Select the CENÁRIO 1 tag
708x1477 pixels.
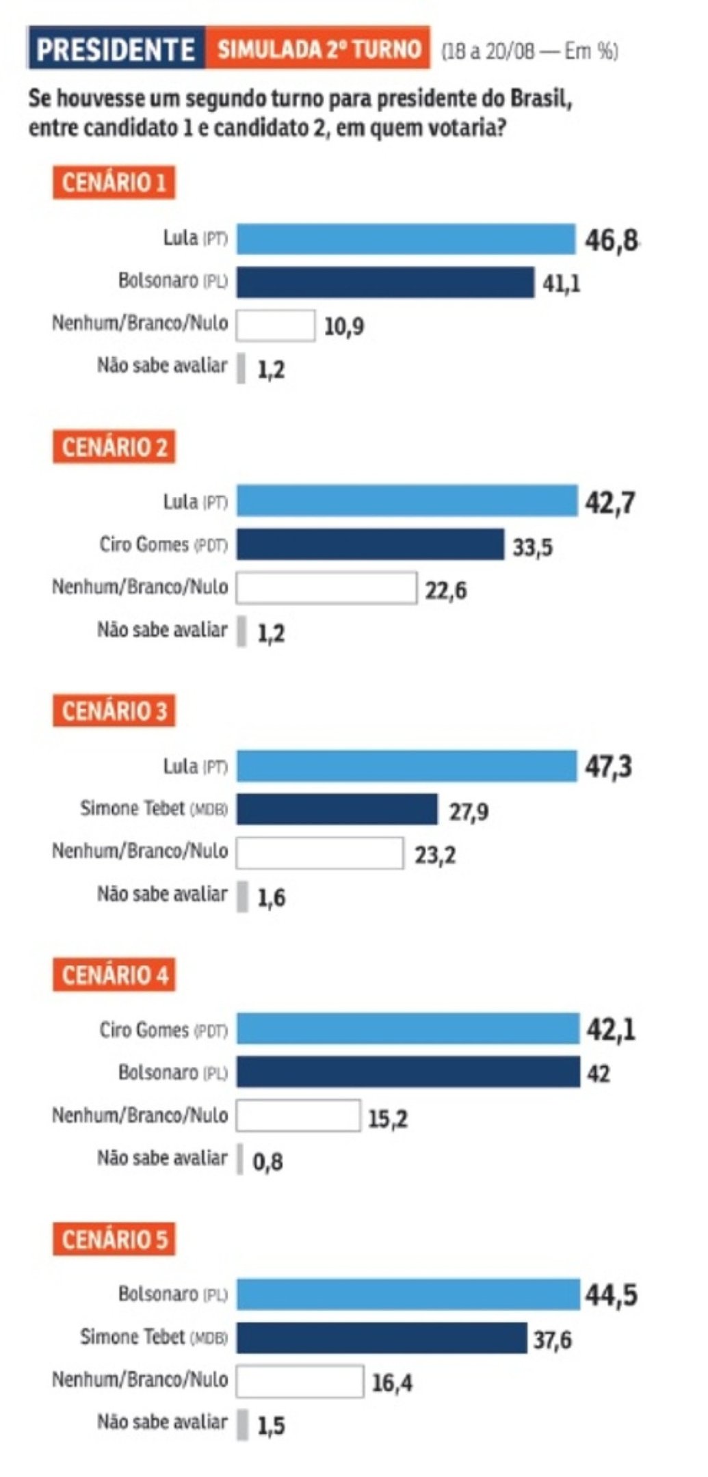tap(114, 183)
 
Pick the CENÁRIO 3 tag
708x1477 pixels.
tap(114, 711)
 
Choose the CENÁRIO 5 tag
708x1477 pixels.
tap(114, 1239)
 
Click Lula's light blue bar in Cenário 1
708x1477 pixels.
tap(406, 239)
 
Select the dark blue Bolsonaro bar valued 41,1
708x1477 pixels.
tap(385, 282)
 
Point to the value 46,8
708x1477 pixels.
tap(611, 241)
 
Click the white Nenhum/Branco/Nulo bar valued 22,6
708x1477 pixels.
tap(326, 587)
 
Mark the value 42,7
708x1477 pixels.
tap(609, 503)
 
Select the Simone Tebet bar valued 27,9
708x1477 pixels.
tap(337, 809)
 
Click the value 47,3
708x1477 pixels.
tap(608, 767)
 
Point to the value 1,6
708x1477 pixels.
tap(271, 898)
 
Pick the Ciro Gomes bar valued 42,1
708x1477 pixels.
tap(408, 1029)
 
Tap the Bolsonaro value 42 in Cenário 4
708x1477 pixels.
tap(599, 1074)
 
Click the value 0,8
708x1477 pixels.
tap(267, 1161)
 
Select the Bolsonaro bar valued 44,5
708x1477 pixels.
tap(408, 1294)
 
